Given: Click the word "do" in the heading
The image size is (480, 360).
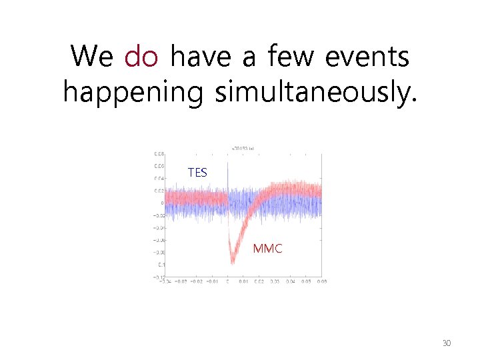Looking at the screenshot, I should tap(141, 57).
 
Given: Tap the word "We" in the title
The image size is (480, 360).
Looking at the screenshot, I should tap(92, 57).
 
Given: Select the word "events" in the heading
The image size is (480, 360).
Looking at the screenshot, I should tap(367, 57).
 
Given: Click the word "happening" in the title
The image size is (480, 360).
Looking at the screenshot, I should tap(132, 92).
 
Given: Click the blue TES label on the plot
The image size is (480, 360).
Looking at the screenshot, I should tap(197, 173).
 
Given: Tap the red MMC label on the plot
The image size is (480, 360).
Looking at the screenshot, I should tap(267, 249).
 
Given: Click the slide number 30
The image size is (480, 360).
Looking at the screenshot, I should tap(447, 343).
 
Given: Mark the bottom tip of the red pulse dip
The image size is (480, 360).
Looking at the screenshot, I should tap(232, 263).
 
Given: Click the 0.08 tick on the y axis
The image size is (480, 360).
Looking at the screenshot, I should tap(159, 154).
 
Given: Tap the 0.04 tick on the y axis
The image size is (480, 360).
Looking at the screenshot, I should tap(159, 179).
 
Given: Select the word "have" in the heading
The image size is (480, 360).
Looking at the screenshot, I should tap(200, 57).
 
